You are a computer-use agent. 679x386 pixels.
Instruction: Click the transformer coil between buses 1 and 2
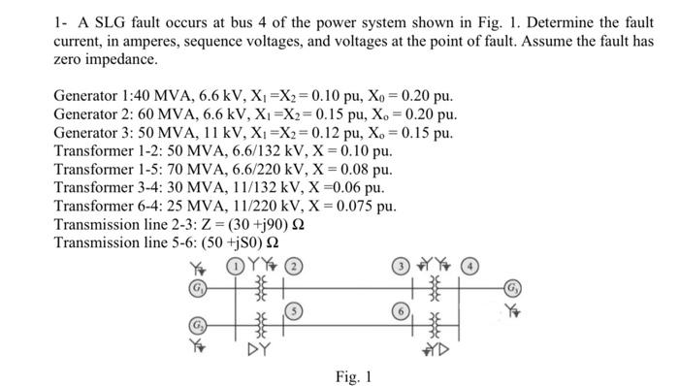pos(260,288)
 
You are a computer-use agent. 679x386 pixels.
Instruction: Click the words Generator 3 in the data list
pos(97,134)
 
